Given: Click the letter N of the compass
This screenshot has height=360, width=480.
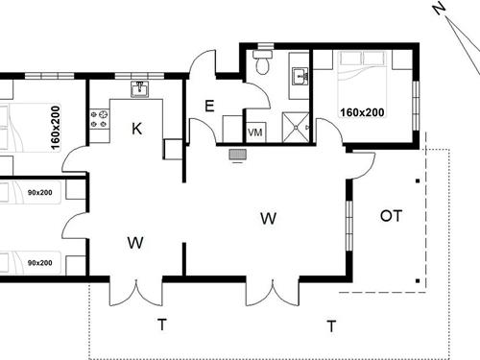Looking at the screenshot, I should pos(439,9).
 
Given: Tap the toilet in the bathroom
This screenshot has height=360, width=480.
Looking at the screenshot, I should pos(261,62).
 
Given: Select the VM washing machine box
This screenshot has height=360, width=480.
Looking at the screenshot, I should pos(255,132).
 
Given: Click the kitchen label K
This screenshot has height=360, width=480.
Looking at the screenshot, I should pos(137,128).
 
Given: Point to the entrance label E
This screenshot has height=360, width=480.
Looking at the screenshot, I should pos(209,107).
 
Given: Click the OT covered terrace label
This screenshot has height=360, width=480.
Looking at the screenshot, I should pos(391,216).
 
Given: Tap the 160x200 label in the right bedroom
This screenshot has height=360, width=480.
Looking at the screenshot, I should pos(362,112).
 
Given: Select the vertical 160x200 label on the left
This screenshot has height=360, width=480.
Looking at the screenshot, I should pos(55,127).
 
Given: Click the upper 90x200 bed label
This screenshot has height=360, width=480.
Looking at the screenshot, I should pos(40,193).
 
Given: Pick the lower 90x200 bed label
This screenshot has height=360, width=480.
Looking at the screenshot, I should pos(40,262).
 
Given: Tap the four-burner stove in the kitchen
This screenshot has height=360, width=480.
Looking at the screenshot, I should pos(100,119).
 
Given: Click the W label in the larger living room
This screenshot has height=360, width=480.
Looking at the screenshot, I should pos(269,219).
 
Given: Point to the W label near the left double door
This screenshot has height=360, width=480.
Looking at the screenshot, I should pos(134,244).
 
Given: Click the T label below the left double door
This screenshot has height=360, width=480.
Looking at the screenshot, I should pos(160,324).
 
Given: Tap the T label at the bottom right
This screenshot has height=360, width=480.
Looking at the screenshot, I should pos(331,326).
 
